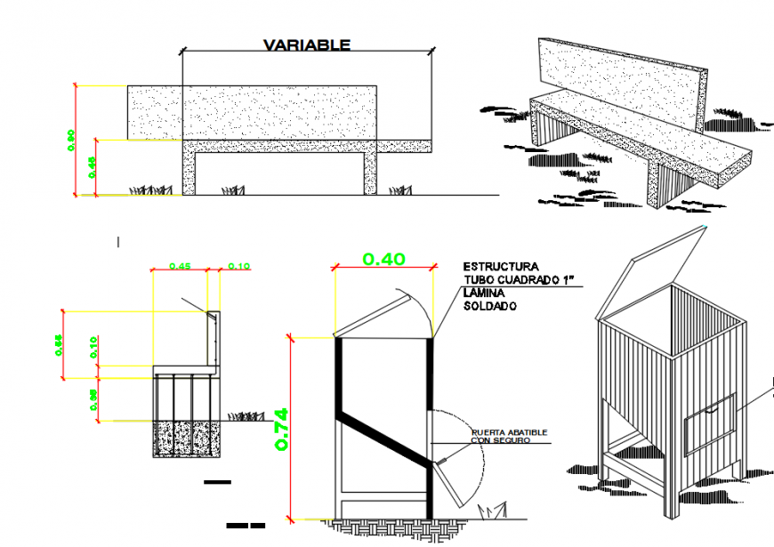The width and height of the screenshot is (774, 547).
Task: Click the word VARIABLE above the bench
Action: [306, 45]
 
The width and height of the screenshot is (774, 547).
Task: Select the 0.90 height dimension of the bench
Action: [71, 139]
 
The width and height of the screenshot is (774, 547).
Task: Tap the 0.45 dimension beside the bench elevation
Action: [92, 165]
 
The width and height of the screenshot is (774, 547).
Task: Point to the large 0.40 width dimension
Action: [383, 260]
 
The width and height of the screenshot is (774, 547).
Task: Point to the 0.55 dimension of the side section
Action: [59, 344]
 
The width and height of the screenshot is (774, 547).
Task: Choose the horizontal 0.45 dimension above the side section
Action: [180, 266]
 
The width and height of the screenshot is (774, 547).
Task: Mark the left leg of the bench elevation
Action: [189, 172]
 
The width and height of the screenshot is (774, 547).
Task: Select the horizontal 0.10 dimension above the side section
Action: [238, 266]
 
